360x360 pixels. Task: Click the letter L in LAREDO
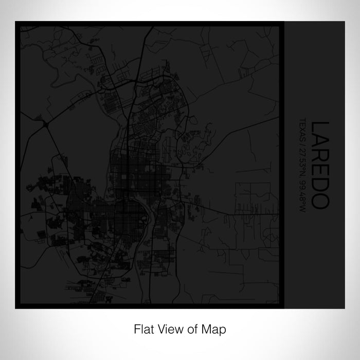click(x=319, y=126)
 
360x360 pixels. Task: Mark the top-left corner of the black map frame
click(x=16, y=22)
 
